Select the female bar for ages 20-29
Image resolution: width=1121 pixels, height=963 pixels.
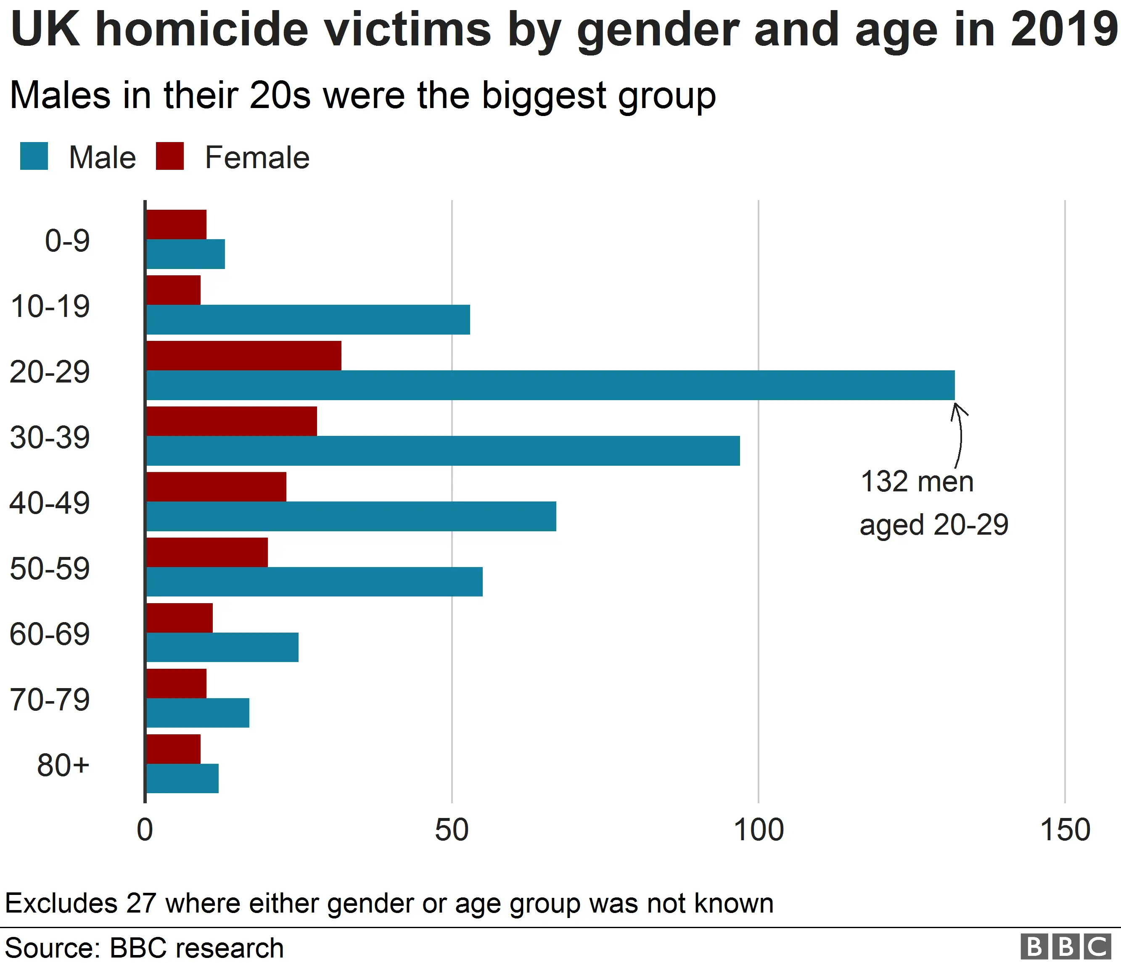click(x=243, y=355)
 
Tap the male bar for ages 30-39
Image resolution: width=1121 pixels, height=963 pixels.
click(x=443, y=451)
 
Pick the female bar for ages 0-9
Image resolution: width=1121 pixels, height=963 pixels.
click(x=176, y=224)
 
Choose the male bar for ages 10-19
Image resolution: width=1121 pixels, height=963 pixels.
click(x=308, y=319)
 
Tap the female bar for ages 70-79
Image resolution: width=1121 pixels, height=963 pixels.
click(x=176, y=683)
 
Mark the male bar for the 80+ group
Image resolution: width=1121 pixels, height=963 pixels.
click(x=182, y=778)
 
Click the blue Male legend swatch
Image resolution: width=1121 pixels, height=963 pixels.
click(x=34, y=156)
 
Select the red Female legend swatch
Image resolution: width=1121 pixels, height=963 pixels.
click(x=169, y=156)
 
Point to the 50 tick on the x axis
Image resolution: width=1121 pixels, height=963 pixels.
click(x=451, y=831)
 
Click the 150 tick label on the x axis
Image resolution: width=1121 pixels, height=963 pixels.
click(x=1065, y=831)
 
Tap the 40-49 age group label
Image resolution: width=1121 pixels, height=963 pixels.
click(x=50, y=502)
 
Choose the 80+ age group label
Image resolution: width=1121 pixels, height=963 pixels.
click(x=63, y=765)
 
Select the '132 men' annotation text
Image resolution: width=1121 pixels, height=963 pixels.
click(x=917, y=481)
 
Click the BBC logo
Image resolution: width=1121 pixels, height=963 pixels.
click(x=1065, y=946)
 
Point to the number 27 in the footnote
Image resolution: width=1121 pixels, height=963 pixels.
click(x=141, y=903)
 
